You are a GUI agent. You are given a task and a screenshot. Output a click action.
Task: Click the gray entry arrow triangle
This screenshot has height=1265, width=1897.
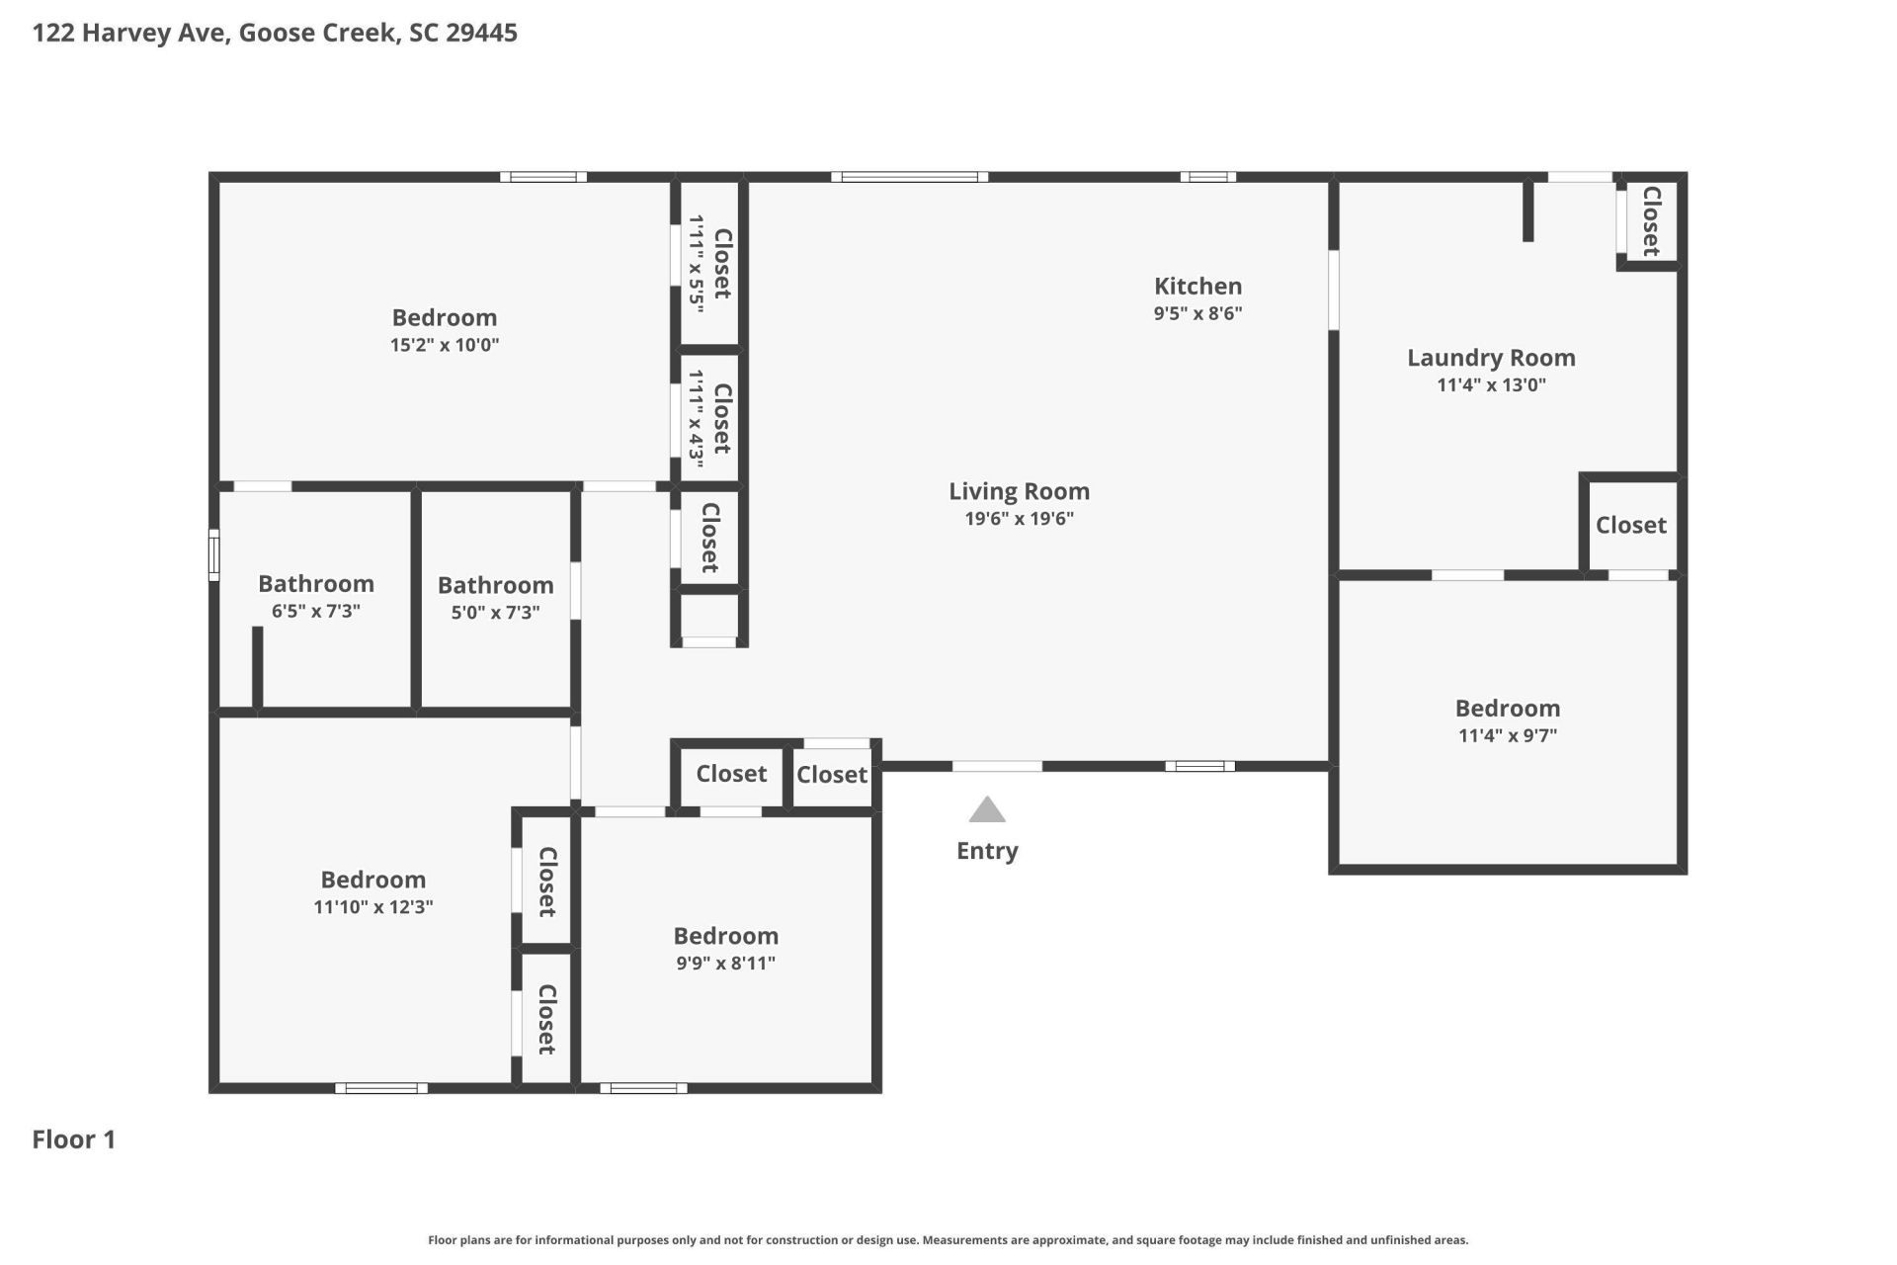click(x=987, y=811)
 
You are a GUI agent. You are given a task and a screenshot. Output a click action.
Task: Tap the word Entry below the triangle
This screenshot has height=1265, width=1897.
click(x=987, y=851)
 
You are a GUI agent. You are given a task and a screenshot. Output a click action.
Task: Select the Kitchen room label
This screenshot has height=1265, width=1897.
click(x=1197, y=287)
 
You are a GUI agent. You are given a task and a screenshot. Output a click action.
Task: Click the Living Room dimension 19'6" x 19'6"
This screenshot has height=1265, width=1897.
click(x=1019, y=519)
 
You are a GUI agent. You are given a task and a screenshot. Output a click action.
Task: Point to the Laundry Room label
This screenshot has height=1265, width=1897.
click(x=1491, y=358)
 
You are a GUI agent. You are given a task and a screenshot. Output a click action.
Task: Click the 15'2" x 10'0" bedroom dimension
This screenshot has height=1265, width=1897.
click(x=445, y=345)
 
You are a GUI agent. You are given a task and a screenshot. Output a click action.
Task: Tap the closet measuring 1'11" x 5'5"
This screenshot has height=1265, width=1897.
click(x=710, y=264)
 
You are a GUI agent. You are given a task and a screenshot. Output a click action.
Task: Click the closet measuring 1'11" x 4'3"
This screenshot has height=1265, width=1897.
click(x=710, y=419)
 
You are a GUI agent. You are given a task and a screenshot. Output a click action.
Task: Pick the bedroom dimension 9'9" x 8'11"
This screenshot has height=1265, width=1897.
click(x=725, y=964)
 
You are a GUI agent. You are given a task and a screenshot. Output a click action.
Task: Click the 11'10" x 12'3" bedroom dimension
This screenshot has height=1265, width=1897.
click(x=373, y=907)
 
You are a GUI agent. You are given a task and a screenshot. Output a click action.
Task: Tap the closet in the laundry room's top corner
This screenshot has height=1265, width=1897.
click(x=1649, y=221)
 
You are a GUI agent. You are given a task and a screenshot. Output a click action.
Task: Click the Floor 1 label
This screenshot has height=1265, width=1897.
click(x=74, y=1139)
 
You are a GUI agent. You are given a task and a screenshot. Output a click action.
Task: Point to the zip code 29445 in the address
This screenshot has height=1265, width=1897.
click(x=481, y=33)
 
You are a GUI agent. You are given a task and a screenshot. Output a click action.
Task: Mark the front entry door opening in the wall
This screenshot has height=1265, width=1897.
click(x=997, y=766)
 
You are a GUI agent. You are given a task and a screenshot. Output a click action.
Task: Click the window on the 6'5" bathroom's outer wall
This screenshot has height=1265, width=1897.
click(x=213, y=554)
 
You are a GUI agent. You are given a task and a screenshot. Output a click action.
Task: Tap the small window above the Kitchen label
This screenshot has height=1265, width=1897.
click(x=1207, y=177)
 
